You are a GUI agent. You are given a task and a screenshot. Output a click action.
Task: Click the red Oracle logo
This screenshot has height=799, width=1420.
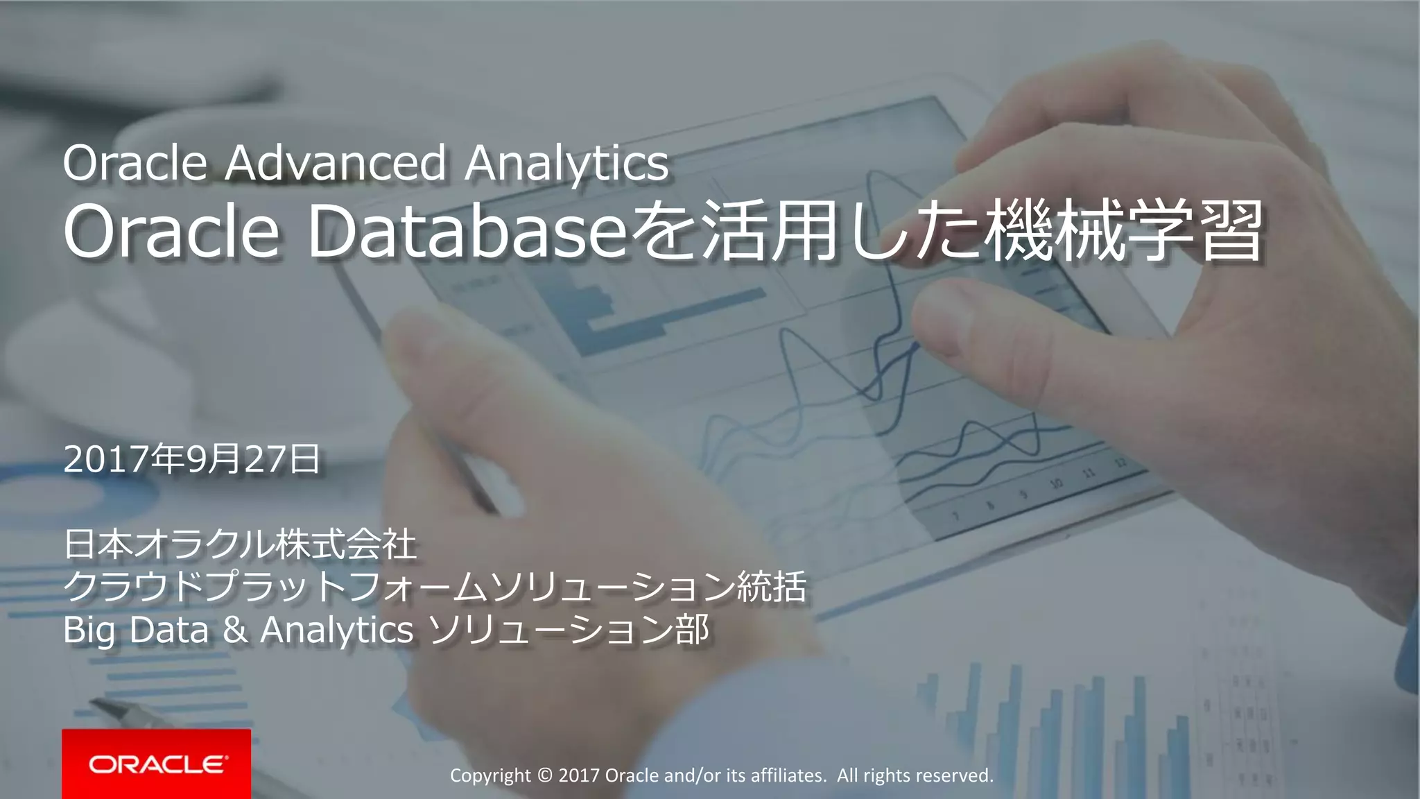(157, 764)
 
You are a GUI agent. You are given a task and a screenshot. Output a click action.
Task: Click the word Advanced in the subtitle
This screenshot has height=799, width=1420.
(336, 163)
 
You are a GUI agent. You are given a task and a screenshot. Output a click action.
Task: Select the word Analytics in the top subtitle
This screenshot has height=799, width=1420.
(566, 164)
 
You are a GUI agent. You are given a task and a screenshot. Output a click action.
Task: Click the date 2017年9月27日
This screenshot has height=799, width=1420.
(192, 459)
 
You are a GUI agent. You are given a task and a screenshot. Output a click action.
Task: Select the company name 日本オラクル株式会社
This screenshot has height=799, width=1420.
(240, 544)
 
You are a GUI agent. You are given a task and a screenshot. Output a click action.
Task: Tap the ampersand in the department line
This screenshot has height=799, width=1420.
(235, 630)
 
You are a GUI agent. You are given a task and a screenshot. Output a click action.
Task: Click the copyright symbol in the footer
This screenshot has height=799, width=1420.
(544, 775)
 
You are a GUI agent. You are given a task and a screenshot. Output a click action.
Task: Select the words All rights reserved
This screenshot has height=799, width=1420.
(915, 775)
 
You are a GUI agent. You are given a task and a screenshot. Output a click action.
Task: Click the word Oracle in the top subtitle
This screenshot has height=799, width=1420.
(135, 163)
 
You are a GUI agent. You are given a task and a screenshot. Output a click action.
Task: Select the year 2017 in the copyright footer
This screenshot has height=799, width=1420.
(579, 775)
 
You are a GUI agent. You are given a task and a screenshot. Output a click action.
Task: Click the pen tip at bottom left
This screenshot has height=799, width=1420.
(97, 705)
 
